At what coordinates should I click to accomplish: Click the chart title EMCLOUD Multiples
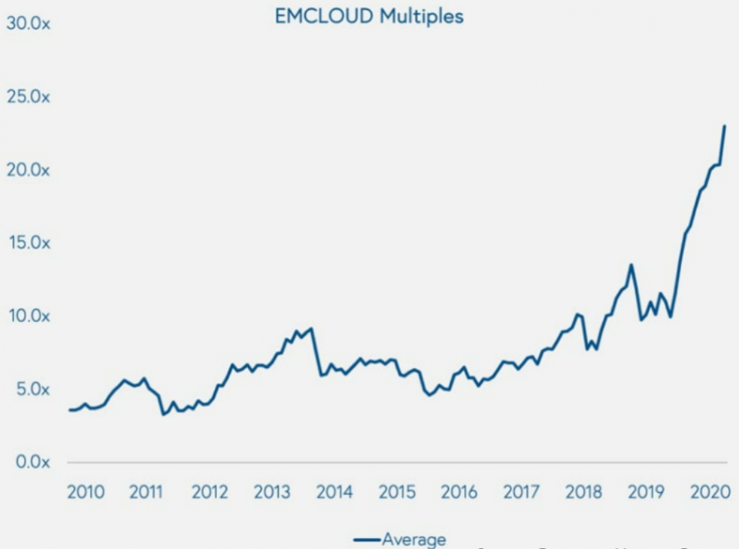pyautogui.click(x=369, y=16)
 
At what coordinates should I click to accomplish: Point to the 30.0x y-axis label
pyautogui.click(x=28, y=23)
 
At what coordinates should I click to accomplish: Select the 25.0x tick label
pyautogui.click(x=28, y=96)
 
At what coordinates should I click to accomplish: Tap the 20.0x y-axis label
pyautogui.click(x=28, y=169)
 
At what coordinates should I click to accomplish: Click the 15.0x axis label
pyautogui.click(x=28, y=243)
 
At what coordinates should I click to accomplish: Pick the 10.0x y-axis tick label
pyautogui.click(x=28, y=316)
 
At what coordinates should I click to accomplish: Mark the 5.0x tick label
pyautogui.click(x=28, y=389)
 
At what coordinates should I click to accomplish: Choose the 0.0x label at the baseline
pyautogui.click(x=28, y=462)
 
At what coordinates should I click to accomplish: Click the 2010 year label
pyautogui.click(x=85, y=492)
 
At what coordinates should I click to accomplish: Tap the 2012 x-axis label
pyautogui.click(x=209, y=492)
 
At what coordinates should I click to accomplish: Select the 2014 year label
pyautogui.click(x=334, y=492)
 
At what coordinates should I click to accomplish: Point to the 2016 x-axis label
pyautogui.click(x=459, y=492)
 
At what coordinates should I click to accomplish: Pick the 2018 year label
pyautogui.click(x=584, y=492)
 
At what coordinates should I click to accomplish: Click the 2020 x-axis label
pyautogui.click(x=708, y=492)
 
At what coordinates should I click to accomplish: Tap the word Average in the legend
pyautogui.click(x=414, y=540)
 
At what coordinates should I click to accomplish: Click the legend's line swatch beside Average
pyautogui.click(x=367, y=541)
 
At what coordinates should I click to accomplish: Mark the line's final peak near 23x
pyautogui.click(x=724, y=126)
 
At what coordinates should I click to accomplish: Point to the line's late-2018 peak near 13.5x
pyautogui.click(x=631, y=265)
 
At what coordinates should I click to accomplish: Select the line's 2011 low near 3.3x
pyautogui.click(x=163, y=414)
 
